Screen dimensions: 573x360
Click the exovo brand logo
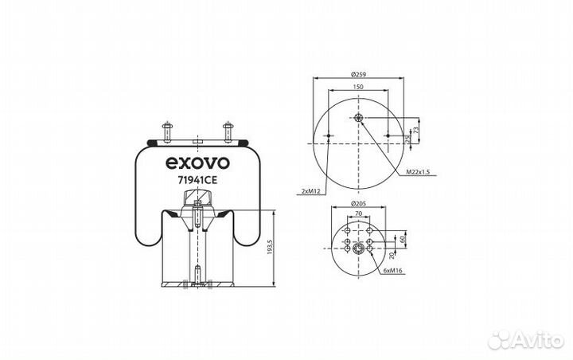click(197, 162)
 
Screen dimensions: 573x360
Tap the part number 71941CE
click(197, 180)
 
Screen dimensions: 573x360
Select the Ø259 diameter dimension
click(358, 74)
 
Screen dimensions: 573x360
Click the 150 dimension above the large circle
click(358, 87)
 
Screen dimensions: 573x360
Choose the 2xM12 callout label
click(310, 191)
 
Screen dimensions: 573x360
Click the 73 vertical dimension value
click(415, 131)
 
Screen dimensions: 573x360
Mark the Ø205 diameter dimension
click(358, 203)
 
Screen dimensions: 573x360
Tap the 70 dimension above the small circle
click(358, 213)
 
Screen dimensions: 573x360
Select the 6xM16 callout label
click(393, 271)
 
